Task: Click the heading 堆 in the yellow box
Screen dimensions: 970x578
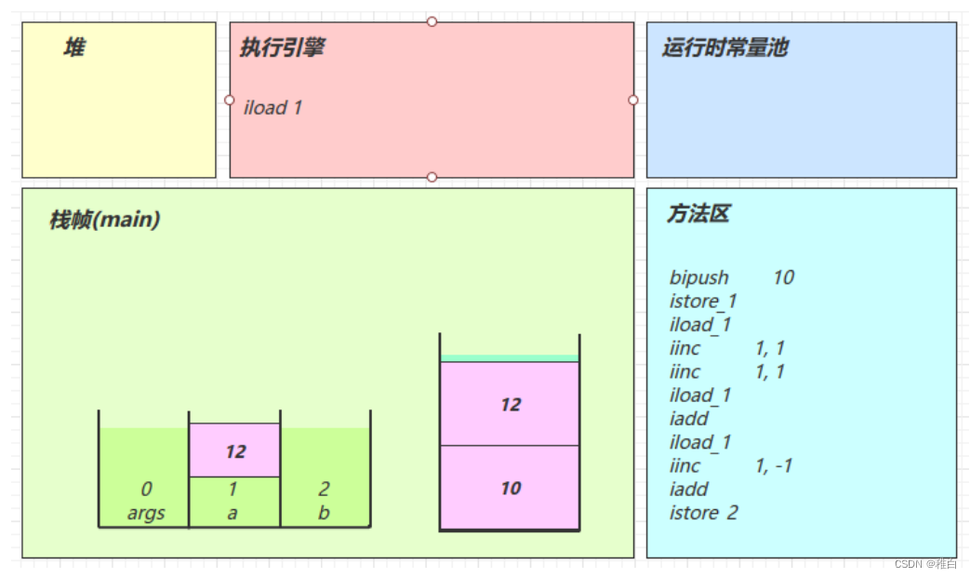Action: pos(74,47)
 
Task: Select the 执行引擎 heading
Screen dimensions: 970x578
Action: pos(282,48)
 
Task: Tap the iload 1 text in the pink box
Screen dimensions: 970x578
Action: pos(272,108)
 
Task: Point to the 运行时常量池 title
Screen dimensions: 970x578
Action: pos(724,48)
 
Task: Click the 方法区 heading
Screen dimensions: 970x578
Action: pos(698,214)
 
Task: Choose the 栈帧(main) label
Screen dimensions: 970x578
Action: pos(104,221)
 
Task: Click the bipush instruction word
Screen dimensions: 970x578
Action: pos(698,277)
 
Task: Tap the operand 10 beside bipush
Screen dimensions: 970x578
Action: pos(783,277)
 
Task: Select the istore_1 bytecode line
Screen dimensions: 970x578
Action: pos(703,301)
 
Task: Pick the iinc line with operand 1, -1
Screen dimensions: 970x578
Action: pos(730,465)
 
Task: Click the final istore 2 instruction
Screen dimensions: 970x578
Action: pos(703,513)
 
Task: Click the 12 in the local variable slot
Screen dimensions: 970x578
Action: pos(235,451)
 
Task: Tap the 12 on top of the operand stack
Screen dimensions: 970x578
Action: pos(511,405)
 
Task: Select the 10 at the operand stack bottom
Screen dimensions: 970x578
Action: pos(511,489)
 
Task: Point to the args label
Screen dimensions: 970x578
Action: pos(146,514)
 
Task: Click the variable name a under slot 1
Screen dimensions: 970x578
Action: pos(233,514)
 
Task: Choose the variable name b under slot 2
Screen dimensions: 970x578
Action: pos(324,514)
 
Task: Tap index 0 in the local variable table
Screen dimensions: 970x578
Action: pos(146,490)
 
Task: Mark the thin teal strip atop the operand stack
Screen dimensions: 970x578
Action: pos(510,358)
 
